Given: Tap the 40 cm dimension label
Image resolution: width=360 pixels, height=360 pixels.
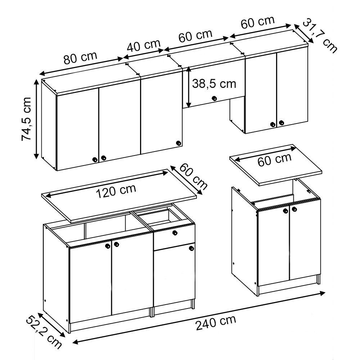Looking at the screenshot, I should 144,46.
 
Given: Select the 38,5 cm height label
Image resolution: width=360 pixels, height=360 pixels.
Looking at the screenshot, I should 214,84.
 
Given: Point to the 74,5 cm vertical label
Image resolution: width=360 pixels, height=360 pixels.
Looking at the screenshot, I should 27,119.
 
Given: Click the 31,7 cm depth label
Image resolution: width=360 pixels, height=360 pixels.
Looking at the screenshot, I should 319,36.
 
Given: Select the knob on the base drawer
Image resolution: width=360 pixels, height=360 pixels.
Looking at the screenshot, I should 175,233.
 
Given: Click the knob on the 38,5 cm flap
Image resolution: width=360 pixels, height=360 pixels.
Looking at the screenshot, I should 213,98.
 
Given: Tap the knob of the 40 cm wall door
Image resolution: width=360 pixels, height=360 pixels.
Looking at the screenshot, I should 178,143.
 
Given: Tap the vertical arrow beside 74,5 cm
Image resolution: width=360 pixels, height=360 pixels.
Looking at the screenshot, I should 36,119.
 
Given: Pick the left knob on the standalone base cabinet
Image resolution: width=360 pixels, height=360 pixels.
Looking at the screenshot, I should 285,211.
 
